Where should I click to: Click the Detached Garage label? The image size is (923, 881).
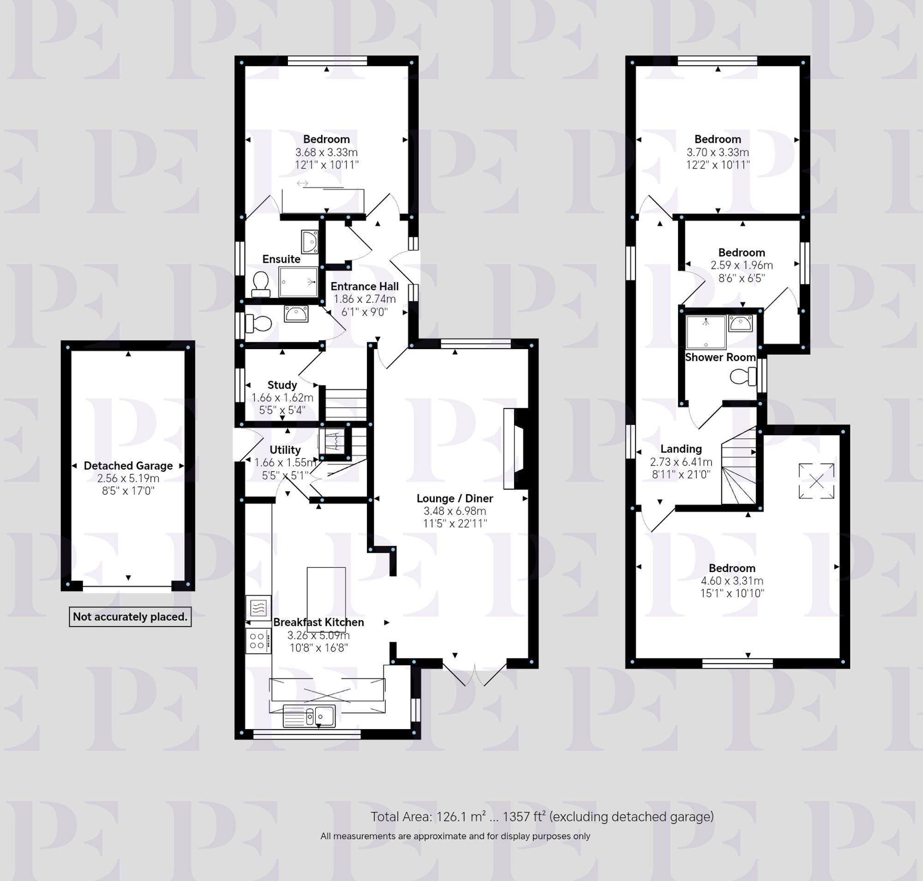tap(128, 465)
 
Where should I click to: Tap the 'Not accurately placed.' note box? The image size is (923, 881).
tap(130, 616)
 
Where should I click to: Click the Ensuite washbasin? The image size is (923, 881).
tap(309, 242)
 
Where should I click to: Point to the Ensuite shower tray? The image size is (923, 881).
tap(298, 282)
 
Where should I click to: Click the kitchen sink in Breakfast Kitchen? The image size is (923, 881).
tap(309, 716)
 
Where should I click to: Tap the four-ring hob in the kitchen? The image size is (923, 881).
tap(258, 641)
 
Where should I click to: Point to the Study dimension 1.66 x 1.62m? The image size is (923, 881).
tap(282, 398)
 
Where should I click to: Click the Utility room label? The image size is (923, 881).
tap(285, 450)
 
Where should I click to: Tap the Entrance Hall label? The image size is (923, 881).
tap(364, 286)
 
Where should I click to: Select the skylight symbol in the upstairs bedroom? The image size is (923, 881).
tap(816, 481)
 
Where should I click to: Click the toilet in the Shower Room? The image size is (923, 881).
tap(743, 376)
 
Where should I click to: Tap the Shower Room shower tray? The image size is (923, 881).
tap(706, 332)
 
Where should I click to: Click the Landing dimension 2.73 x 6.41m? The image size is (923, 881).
tap(681, 462)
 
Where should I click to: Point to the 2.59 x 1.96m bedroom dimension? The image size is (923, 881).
tap(741, 266)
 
